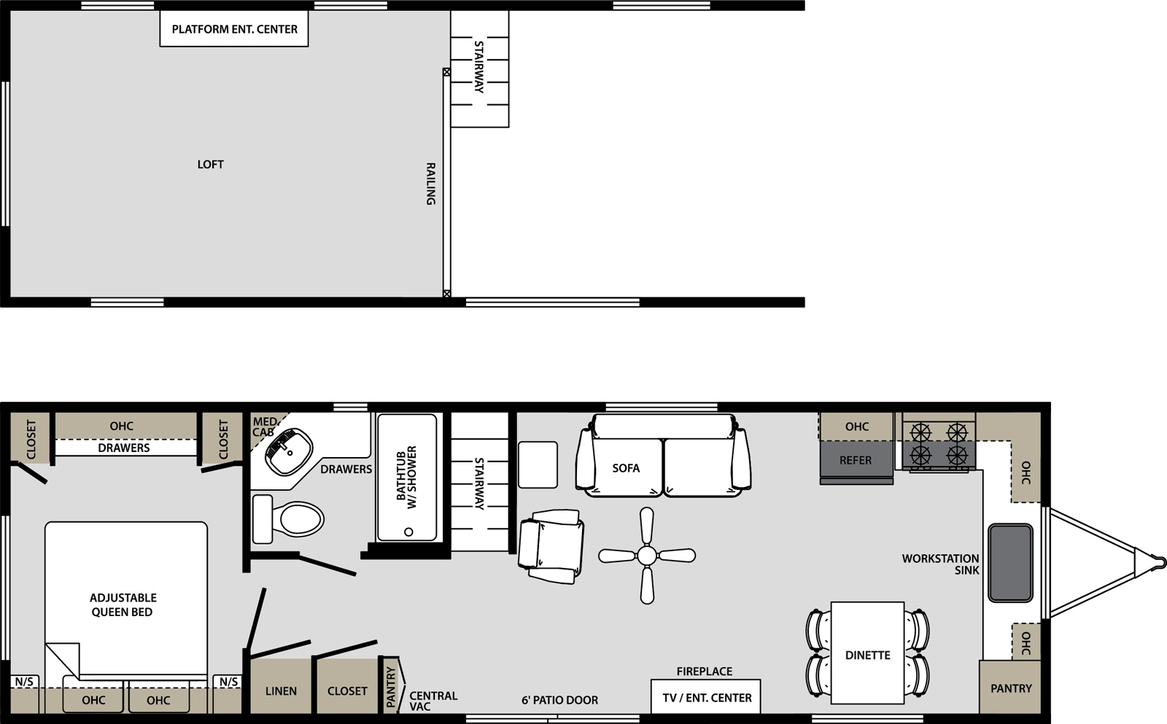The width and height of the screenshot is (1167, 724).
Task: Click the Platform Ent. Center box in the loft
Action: click(234, 28)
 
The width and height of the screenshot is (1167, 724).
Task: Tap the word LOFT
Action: click(211, 165)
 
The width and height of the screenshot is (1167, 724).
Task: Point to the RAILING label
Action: click(431, 184)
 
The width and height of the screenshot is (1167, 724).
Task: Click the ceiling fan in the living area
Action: click(647, 556)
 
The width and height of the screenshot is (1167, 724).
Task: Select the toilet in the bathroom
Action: click(287, 519)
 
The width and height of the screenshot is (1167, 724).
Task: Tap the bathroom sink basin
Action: click(289, 451)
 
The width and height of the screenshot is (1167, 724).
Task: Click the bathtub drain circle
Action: click(409, 532)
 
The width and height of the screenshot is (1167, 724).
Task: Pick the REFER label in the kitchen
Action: click(856, 461)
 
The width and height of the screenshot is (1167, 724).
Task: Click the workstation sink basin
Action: click(1010, 563)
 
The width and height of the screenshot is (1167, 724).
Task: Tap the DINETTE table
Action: click(867, 653)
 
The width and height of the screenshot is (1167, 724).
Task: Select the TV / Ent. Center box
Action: click(706, 697)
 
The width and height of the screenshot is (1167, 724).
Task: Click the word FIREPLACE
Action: click(705, 672)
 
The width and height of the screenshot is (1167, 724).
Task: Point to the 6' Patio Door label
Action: click(559, 700)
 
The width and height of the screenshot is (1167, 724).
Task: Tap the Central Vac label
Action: click(433, 701)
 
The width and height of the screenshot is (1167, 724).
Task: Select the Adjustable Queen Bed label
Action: click(123, 604)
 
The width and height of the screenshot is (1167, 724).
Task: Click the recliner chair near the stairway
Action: click(551, 546)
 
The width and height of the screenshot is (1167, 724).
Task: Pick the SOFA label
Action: click(626, 468)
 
